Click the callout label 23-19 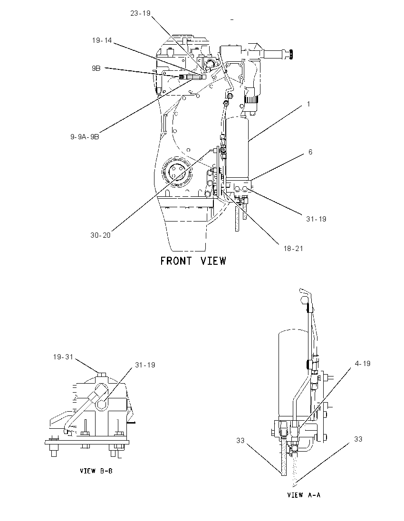[x=140, y=13]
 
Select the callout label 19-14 [x=102, y=40]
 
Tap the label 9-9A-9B [x=85, y=136]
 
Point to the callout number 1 [x=308, y=104]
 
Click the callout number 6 [x=310, y=152]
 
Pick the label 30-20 [x=100, y=235]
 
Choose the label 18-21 [x=293, y=249]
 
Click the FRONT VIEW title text [x=193, y=261]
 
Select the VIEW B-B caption [x=96, y=471]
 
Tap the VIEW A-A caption [x=304, y=495]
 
